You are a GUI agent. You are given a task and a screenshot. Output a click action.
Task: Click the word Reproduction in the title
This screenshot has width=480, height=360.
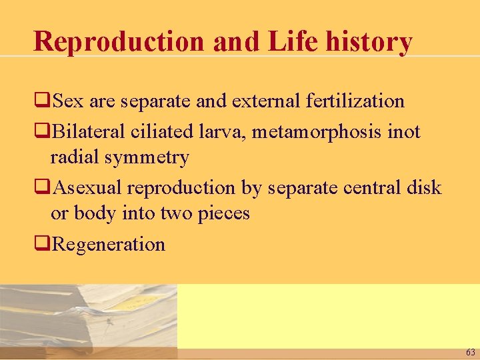[119, 41]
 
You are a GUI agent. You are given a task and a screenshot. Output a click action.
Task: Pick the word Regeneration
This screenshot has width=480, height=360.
[108, 245]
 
